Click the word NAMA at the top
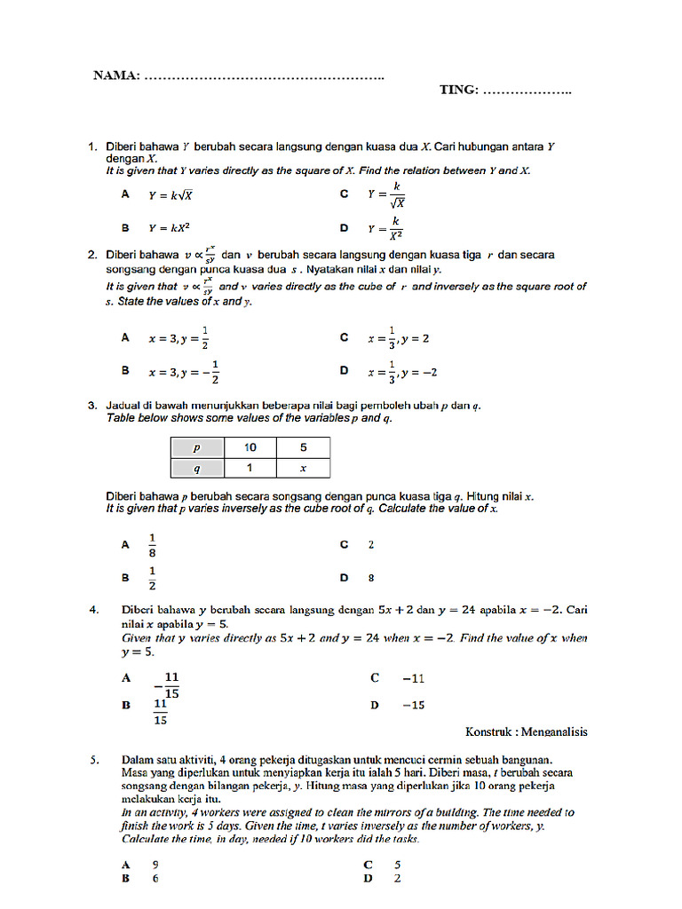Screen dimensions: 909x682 click(115, 75)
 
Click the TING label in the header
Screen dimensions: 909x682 click(459, 90)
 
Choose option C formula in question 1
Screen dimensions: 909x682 click(386, 194)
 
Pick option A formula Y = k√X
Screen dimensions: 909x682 click(171, 194)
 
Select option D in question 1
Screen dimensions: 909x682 click(386, 228)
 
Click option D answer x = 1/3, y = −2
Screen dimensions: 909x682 click(402, 372)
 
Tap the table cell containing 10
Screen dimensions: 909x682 click(250, 448)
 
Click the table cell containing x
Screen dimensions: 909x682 click(303, 468)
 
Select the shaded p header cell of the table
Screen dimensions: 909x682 click(196, 448)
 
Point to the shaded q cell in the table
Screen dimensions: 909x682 click(196, 468)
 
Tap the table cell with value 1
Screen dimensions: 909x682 click(250, 468)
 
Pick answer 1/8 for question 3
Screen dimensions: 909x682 click(152, 545)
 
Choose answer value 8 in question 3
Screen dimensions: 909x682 click(371, 578)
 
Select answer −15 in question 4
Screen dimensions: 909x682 click(413, 705)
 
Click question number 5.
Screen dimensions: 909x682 click(93, 760)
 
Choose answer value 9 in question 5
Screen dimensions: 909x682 click(155, 865)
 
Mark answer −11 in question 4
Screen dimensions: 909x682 click(413, 678)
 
